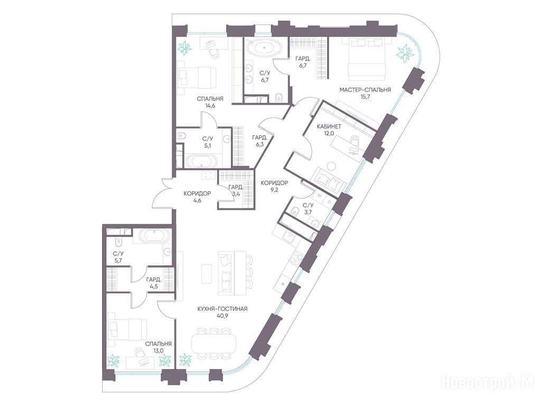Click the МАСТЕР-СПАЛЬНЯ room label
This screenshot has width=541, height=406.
(365, 90)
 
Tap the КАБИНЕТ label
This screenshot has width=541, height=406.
(329, 126)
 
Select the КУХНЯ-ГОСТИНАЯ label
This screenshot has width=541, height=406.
(222, 309)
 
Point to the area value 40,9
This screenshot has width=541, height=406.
(222, 316)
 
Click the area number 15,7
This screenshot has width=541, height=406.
(365, 97)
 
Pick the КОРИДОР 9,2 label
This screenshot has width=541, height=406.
(274, 186)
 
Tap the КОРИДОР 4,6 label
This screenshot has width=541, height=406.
(198, 197)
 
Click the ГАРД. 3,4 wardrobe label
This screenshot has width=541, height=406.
(236, 191)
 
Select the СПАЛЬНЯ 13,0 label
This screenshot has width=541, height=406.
(158, 347)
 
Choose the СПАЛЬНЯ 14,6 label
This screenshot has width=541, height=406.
(210, 102)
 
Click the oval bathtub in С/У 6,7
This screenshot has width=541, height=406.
(264, 47)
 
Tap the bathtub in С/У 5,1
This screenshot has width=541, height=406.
(202, 161)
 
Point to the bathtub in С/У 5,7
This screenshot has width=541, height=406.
(154, 236)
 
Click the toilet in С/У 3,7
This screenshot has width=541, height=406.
(295, 211)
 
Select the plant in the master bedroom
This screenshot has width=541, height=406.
(405, 53)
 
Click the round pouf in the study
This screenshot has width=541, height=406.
(332, 166)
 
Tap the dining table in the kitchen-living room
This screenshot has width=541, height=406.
(214, 343)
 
